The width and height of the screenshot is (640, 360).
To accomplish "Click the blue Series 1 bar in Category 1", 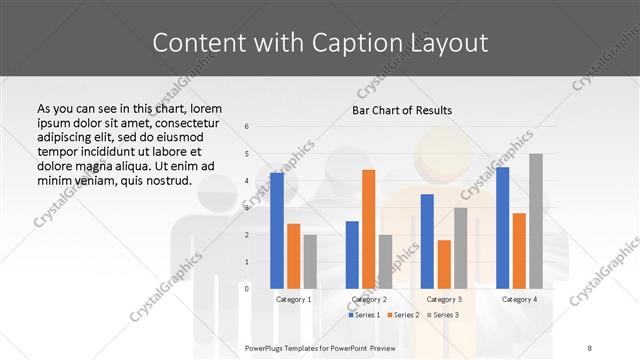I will [277, 230].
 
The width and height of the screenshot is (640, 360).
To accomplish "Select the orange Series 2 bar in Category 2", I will [368, 229].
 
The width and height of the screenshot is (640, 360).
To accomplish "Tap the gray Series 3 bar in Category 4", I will [536, 221].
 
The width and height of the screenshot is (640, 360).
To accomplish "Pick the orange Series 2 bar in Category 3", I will [444, 264].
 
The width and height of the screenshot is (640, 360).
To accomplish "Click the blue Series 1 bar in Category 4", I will [502, 227].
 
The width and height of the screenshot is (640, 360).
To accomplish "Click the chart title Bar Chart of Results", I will [402, 110].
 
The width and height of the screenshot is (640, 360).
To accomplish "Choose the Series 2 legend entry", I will [404, 315].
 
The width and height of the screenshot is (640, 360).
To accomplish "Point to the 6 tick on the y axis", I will [247, 127].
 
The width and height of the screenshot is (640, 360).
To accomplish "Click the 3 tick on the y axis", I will [247, 208].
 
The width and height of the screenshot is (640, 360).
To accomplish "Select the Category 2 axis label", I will [368, 299].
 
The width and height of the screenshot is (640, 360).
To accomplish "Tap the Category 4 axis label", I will [518, 299].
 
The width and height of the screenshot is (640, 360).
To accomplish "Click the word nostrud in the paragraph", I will [167, 180].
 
